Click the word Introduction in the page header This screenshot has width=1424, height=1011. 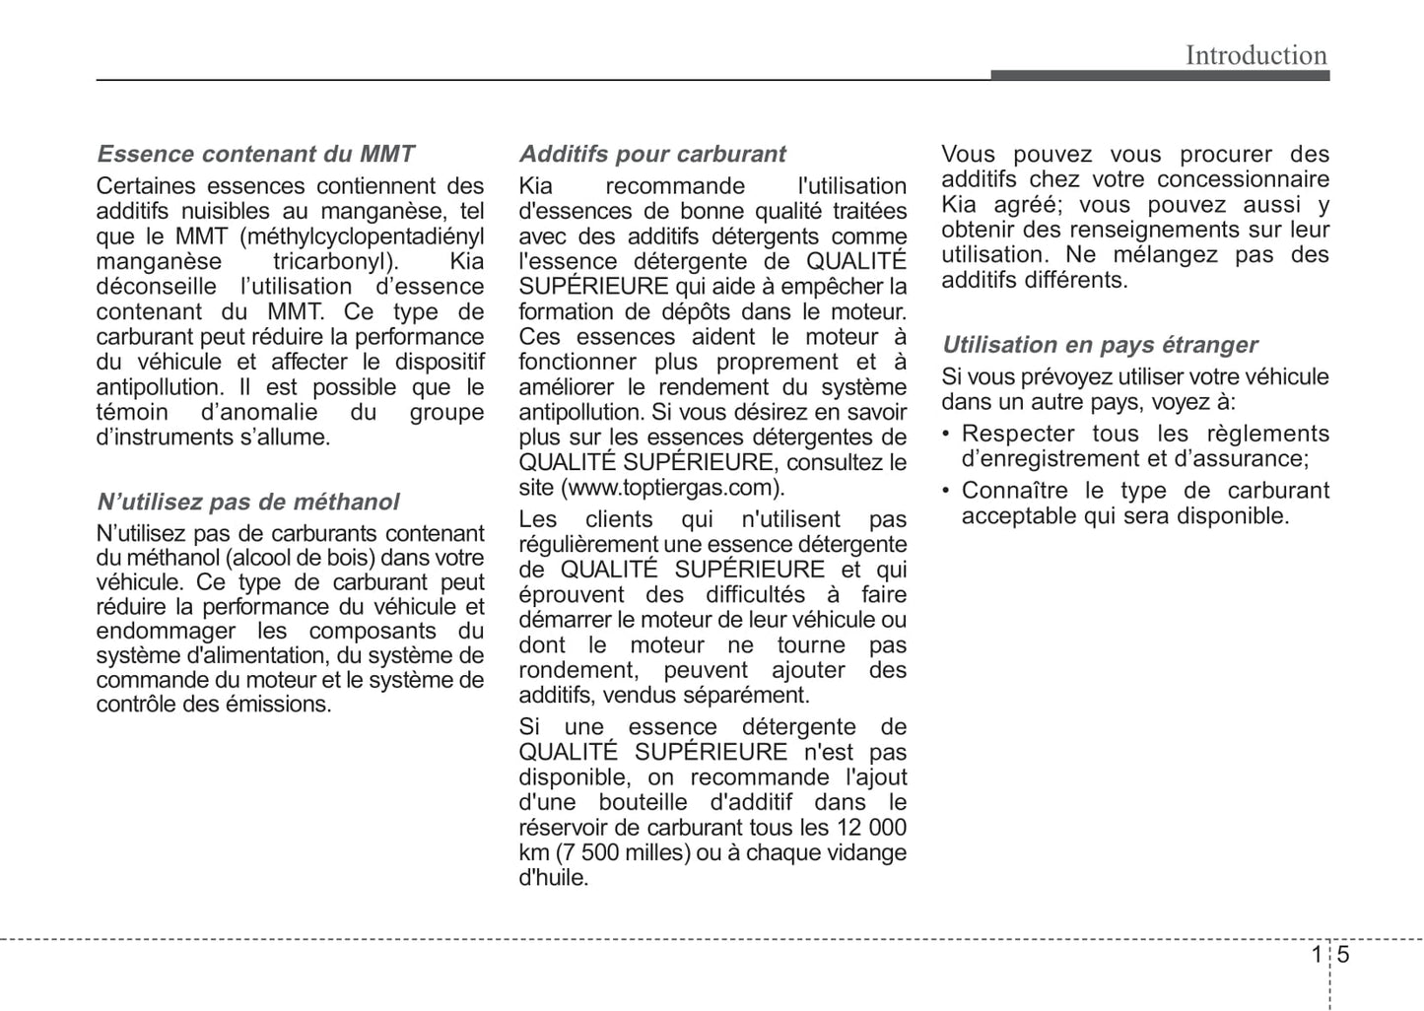click(x=1255, y=55)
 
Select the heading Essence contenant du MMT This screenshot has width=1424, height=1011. click(x=255, y=154)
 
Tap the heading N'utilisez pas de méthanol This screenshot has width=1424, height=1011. click(x=247, y=502)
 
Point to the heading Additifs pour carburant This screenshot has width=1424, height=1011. click(x=652, y=154)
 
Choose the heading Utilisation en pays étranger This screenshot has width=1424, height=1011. click(x=1100, y=345)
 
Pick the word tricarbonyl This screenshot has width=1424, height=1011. click(x=335, y=261)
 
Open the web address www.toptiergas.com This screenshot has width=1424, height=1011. click(x=672, y=488)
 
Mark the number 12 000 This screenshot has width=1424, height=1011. click(x=871, y=828)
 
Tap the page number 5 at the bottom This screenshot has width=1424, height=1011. click(x=1343, y=955)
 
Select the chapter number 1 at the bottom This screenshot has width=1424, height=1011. click(x=1317, y=955)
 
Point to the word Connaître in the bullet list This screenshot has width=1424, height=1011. click(x=1015, y=491)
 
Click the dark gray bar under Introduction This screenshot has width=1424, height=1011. click(x=1160, y=75)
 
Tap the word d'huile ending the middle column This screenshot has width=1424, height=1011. click(x=553, y=878)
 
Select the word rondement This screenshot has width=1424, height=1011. click(x=577, y=670)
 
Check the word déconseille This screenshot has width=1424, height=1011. click(x=156, y=287)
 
